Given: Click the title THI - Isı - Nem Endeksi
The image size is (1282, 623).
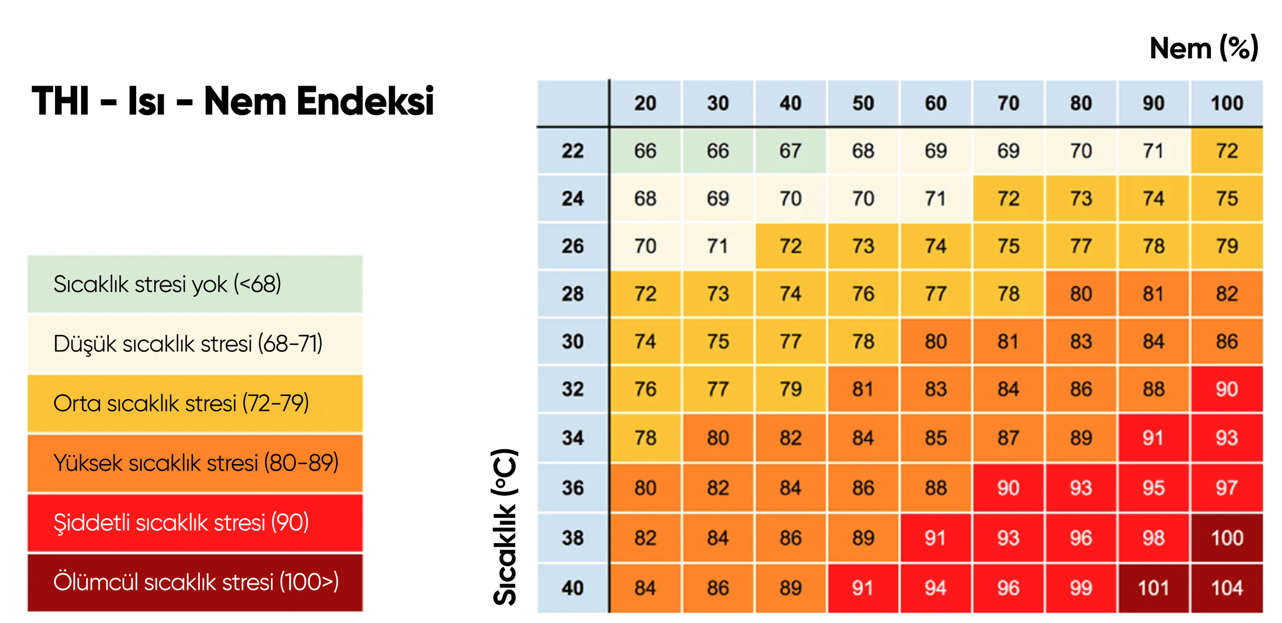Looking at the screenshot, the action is click(233, 101).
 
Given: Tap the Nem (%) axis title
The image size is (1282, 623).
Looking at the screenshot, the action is click(1204, 48).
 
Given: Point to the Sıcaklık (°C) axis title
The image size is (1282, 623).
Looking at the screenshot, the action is click(505, 527).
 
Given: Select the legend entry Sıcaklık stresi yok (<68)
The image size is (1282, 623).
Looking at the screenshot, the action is click(195, 284).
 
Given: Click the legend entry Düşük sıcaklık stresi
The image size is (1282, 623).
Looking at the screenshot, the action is click(195, 344).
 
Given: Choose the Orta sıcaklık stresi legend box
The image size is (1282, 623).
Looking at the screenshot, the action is click(195, 403).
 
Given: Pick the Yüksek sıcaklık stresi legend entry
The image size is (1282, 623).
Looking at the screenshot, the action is click(195, 463).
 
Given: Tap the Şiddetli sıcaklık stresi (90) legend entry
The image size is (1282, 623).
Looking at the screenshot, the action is click(195, 523).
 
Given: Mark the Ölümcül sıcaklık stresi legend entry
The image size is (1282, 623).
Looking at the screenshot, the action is click(195, 582).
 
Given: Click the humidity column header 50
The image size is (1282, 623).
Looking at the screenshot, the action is click(863, 103).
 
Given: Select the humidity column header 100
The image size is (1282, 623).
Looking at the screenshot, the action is click(1227, 103).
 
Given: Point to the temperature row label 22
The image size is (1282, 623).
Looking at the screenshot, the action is click(573, 151).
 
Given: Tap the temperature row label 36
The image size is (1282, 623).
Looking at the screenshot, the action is click(573, 488).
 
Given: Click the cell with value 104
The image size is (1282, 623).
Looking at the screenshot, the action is click(1227, 588).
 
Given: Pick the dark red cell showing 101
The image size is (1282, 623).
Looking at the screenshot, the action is click(1154, 588).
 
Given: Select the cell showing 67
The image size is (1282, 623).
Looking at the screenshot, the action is click(791, 151).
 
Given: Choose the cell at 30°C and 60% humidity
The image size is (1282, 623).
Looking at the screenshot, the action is click(936, 341).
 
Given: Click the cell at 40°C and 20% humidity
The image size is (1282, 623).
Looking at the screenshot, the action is click(646, 588).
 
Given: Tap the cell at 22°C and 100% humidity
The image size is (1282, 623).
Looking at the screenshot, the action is click(1227, 151).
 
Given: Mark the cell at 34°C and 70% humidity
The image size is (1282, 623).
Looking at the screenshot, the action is click(1009, 438).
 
